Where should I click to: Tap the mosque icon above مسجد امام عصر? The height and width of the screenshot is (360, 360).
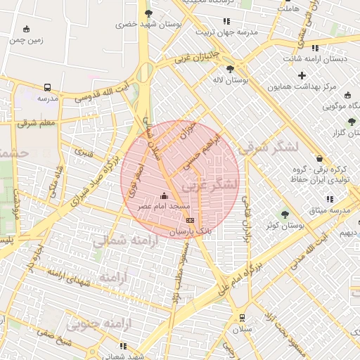click(x=165, y=195)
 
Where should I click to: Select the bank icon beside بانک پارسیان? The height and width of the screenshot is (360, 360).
click(x=190, y=221)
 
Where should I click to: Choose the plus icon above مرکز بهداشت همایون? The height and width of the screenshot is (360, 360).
click(x=302, y=76)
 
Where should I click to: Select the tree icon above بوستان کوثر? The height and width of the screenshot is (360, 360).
click(x=284, y=214)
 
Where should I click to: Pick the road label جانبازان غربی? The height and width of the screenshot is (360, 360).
click(x=198, y=55)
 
